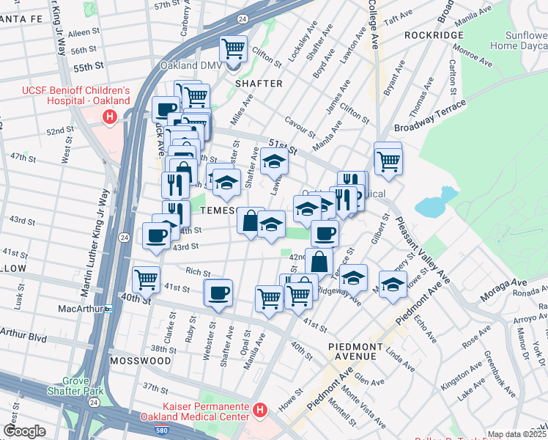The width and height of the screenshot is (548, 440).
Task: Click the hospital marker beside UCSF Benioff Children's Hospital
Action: coord(110,116)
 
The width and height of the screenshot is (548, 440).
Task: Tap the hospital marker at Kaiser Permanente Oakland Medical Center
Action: coord(259,409)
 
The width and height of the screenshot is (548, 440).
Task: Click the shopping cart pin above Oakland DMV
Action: coord(234,51)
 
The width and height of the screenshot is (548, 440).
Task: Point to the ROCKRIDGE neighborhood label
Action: coord(434,35)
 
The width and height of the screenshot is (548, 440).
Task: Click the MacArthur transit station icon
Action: coord(108,309)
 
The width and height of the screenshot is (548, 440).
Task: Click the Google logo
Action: coord(24,431)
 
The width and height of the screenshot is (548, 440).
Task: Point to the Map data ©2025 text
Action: coord(516,434)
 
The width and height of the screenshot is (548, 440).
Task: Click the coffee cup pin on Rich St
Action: coord(218,293)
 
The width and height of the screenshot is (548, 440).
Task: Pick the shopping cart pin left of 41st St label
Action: coord(146,279)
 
